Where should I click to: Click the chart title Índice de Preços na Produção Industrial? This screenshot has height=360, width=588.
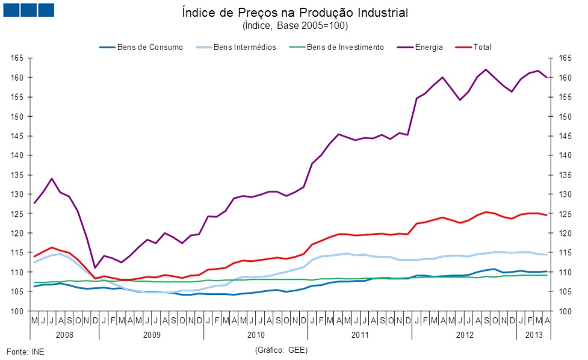(294, 13)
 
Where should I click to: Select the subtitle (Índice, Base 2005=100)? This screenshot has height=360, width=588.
(294, 26)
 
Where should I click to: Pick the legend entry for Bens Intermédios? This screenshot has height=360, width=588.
(245, 47)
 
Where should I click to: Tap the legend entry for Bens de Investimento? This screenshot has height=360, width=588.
(345, 47)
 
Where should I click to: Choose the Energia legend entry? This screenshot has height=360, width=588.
(429, 47)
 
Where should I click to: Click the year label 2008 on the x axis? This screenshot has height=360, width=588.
(64, 334)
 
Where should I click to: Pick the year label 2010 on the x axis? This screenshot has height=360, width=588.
(255, 334)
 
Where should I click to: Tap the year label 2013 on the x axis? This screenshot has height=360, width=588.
(533, 334)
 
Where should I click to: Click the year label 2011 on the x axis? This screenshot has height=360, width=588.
(360, 334)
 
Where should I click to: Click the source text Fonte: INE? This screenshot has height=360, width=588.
(25, 351)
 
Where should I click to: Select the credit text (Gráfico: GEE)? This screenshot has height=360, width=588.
(281, 350)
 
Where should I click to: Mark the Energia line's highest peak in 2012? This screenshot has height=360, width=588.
(486, 69)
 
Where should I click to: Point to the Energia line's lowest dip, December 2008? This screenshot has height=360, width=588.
(95, 268)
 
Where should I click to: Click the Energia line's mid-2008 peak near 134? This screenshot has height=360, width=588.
(52, 179)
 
